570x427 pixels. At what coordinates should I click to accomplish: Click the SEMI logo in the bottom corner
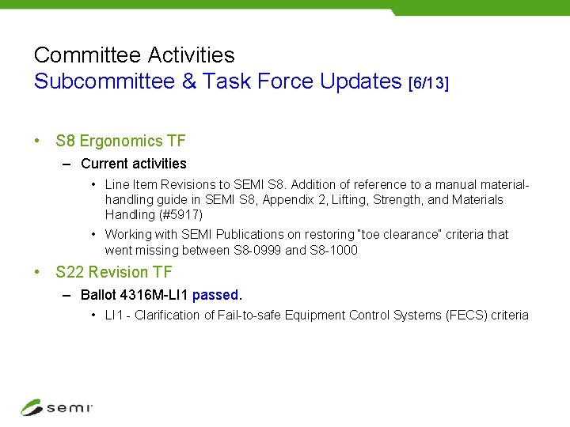coord(56,407)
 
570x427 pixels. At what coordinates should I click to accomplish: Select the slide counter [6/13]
coord(427,82)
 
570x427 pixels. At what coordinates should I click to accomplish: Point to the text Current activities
coord(134,164)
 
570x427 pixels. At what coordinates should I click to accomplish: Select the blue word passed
coord(215,295)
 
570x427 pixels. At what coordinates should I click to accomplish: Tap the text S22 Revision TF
coord(114,272)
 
